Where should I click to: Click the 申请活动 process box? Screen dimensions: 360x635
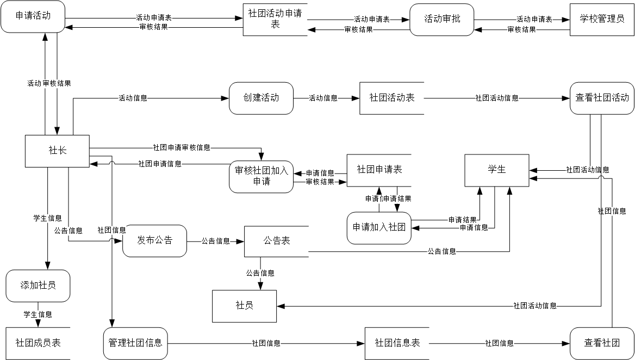[x=33, y=16]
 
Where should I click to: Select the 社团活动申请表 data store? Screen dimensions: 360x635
[x=275, y=20]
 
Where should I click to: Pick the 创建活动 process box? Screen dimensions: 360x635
[x=261, y=98]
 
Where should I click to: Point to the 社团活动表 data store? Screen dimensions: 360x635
[x=391, y=98]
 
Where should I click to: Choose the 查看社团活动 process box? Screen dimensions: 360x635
[x=602, y=98]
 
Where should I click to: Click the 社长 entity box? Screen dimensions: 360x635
[x=57, y=151]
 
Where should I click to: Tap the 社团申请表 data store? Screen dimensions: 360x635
[x=379, y=170]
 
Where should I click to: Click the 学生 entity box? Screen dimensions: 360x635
[x=496, y=170]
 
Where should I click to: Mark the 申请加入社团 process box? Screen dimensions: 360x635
[x=379, y=228]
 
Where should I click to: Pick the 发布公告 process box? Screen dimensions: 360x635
[x=154, y=240]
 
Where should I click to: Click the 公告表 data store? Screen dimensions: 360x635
[x=276, y=241]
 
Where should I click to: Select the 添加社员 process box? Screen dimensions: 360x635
[x=38, y=285]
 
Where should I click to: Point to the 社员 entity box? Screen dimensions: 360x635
[x=244, y=306]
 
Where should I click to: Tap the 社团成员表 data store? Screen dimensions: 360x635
[x=38, y=343]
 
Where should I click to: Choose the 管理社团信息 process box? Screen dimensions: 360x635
[x=135, y=343]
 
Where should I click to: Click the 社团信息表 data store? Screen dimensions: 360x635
[x=397, y=343]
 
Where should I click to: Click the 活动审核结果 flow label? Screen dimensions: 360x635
[x=49, y=84]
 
